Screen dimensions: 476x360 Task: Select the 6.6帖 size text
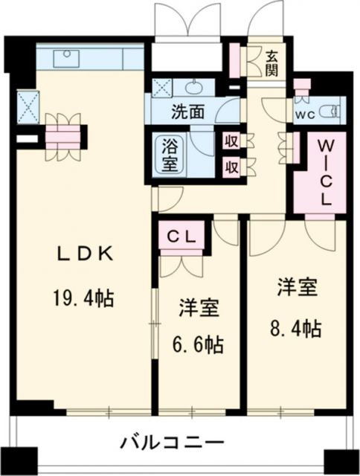(x=199, y=344)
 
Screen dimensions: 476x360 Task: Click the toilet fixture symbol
(x=328, y=113)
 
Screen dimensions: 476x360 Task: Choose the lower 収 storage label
(x=231, y=166)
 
